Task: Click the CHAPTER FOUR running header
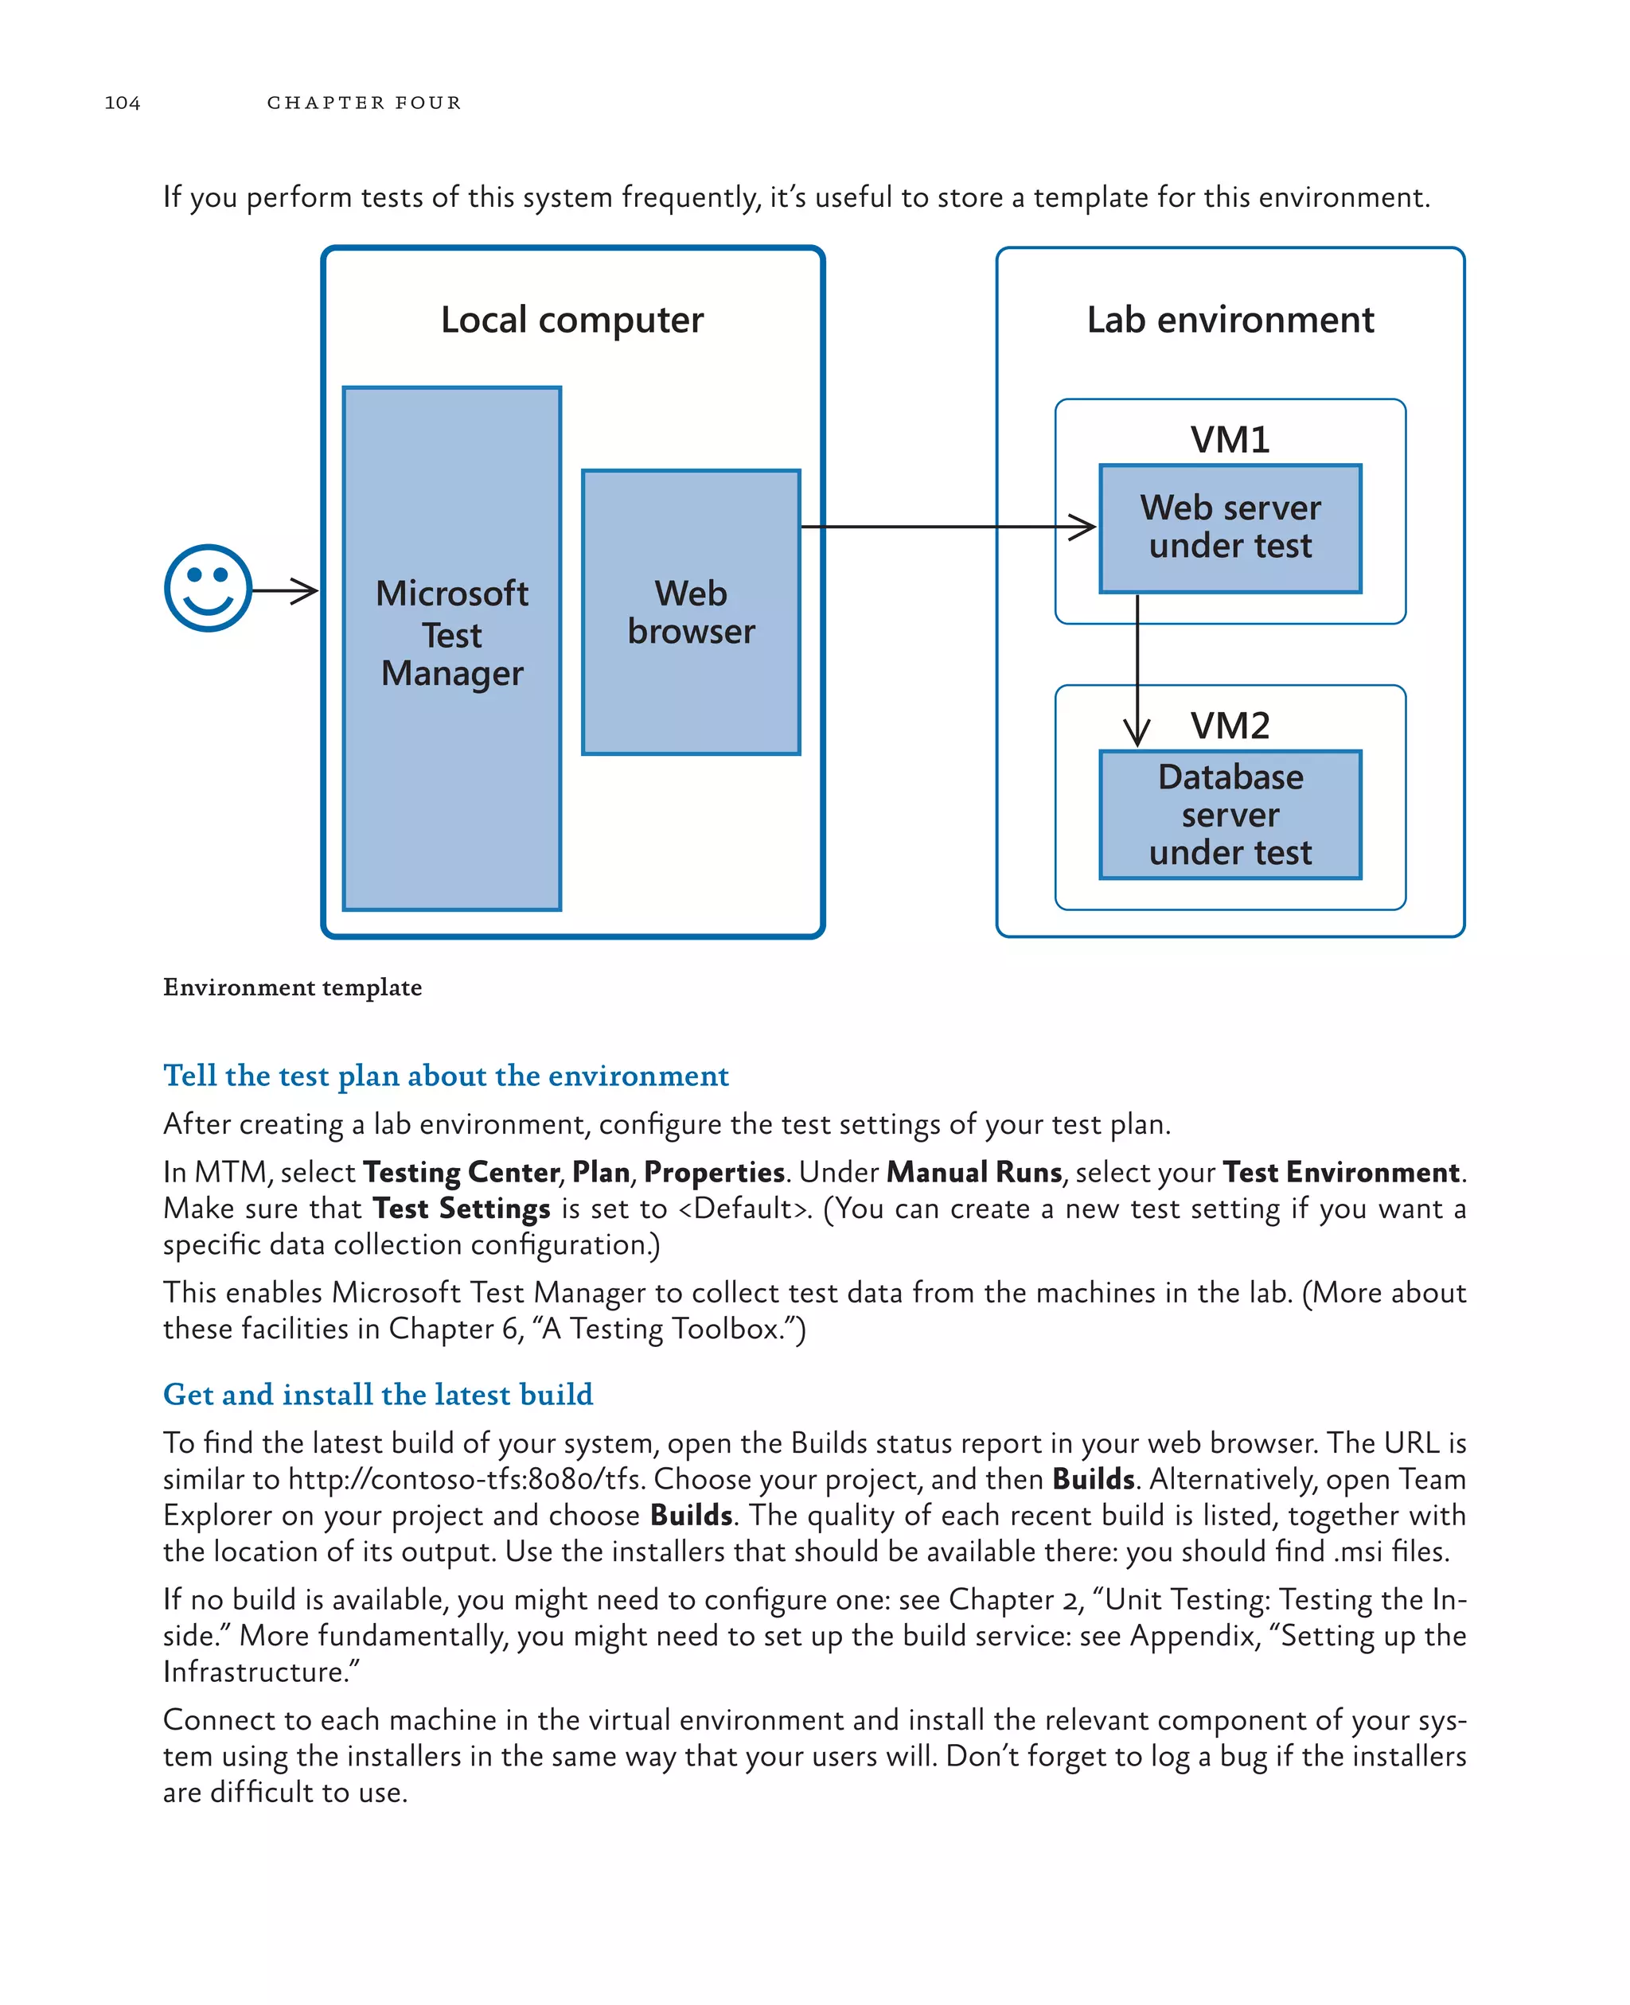click(364, 103)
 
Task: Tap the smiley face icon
click(208, 589)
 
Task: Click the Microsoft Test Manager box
click(451, 648)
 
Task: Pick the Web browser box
click(690, 612)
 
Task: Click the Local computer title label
click(571, 320)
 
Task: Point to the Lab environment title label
click(1229, 320)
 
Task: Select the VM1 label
click(1229, 439)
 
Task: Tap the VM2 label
click(1229, 725)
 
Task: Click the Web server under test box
click(1229, 528)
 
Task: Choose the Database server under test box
click(1229, 814)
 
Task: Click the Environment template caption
click(292, 987)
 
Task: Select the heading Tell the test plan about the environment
click(446, 1076)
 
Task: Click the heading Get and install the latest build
click(377, 1394)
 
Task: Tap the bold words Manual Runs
click(973, 1173)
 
